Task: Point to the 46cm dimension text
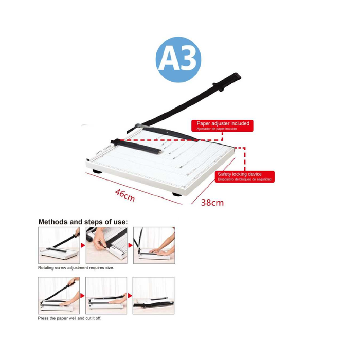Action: point(124,195)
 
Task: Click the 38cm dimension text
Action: point(212,202)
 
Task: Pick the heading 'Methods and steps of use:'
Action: point(82,222)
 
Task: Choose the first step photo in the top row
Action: point(59,245)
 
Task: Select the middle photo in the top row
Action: point(106,245)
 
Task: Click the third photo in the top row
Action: point(153,245)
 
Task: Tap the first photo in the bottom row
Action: point(59,296)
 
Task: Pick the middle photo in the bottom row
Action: point(106,296)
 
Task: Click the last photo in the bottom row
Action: point(153,296)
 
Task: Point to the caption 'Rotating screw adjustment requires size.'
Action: point(76,268)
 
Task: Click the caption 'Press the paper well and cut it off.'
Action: point(69,318)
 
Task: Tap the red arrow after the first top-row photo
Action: point(82,246)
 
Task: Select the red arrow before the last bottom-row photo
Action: point(130,296)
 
